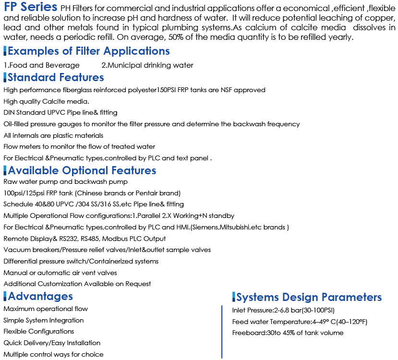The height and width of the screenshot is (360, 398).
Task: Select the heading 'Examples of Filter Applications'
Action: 89,51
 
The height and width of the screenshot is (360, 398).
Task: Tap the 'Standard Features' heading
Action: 56,77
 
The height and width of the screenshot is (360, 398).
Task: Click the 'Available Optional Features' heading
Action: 82,170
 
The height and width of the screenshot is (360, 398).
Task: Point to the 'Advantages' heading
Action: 40,296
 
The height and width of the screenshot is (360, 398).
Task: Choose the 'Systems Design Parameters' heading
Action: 309,297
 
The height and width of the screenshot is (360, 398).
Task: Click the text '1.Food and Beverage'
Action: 42,65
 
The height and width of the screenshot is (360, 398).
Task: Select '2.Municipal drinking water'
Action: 147,65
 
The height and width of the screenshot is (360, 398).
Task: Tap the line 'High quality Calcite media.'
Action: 47,101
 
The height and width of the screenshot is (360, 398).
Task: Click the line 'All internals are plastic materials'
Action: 53,136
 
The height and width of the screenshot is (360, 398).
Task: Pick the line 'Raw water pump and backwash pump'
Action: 66,182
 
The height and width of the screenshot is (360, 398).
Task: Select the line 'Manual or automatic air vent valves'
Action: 61,273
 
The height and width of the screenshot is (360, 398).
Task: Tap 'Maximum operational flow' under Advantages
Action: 46,309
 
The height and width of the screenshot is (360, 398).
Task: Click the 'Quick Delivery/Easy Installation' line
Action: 52,343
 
